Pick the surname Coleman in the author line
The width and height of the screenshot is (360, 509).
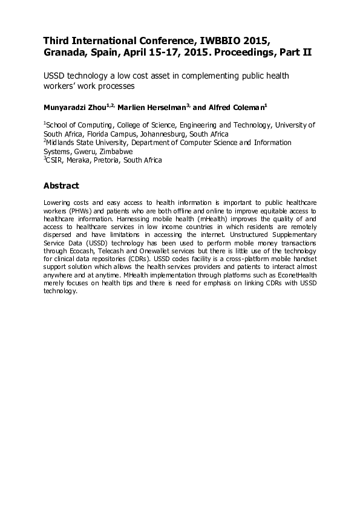pyautogui.click(x=246, y=108)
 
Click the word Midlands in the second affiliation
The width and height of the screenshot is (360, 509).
pyautogui.click(x=62, y=143)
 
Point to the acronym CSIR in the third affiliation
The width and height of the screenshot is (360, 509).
pyautogui.click(x=55, y=160)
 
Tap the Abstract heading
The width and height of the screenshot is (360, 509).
pyautogui.click(x=61, y=185)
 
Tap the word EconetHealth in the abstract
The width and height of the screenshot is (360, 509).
pyautogui.click(x=298, y=274)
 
